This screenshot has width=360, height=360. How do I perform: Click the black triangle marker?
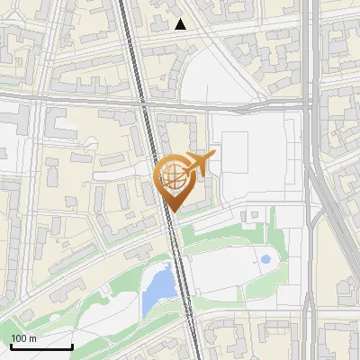point(181,24)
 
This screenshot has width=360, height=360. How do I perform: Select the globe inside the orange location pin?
point(172,175)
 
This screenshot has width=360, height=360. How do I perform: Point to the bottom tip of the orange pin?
point(172,211)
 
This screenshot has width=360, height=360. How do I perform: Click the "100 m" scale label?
point(23,338)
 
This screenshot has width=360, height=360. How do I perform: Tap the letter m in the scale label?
point(32,338)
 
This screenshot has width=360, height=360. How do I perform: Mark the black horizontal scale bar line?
point(41,347)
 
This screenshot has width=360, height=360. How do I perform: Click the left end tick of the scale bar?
point(11,345)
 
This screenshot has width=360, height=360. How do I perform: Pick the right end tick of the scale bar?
point(72,345)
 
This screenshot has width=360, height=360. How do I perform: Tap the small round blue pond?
point(265,260)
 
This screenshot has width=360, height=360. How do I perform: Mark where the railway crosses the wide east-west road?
point(144,103)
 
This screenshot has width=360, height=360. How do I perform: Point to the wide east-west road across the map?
point(72,98)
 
